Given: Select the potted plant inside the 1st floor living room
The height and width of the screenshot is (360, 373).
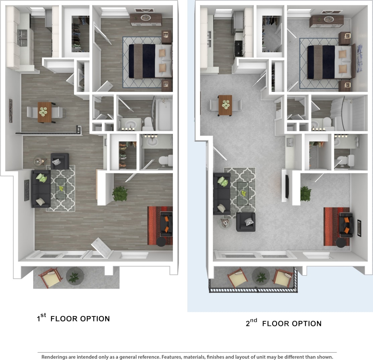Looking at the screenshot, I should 120,194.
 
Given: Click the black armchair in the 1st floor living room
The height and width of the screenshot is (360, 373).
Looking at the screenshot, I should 60,161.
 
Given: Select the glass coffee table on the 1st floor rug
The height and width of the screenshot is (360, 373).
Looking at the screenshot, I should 61,188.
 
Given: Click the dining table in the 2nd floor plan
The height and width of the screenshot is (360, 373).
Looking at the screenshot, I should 225,105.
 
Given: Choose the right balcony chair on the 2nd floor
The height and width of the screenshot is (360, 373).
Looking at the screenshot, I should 283,278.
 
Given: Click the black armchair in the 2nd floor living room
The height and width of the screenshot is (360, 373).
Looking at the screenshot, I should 246,222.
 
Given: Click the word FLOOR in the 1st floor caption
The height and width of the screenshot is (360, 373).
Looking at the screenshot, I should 65,318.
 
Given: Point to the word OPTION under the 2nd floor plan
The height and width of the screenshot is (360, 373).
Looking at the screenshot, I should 306,323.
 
